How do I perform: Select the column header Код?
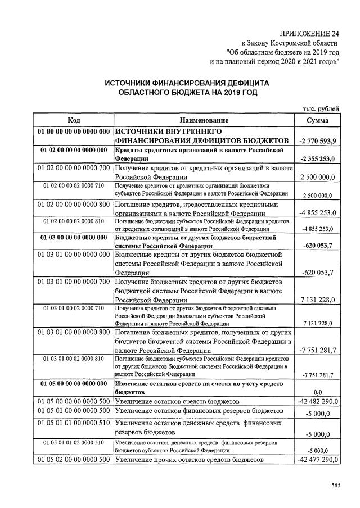(73, 120)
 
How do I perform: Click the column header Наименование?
(204, 120)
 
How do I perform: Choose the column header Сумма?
(318, 120)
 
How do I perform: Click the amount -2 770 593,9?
(318, 140)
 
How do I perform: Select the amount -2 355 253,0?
(318, 160)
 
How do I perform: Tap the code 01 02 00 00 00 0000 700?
(73, 168)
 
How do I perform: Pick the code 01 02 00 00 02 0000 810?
(73, 221)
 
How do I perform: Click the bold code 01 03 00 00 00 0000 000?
(73, 238)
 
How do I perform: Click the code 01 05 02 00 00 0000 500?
(73, 460)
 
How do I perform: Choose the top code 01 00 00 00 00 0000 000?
(73, 131)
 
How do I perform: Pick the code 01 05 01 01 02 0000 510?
(73, 443)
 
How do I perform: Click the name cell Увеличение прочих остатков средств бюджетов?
(189, 460)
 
